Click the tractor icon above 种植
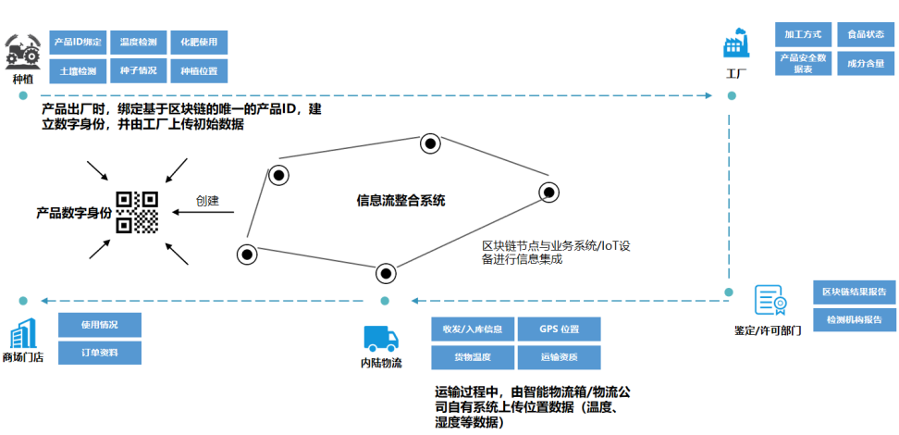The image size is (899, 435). point(23,52)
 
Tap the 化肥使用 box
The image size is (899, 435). point(198,43)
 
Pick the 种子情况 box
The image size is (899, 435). point(138,71)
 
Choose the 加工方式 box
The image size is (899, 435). point(802,35)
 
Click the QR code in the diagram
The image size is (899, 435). point(137,212)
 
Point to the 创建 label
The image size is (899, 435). point(207,200)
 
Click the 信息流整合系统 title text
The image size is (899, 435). point(400,200)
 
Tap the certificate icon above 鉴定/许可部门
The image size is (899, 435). point(770,301)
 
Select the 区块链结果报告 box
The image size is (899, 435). point(853,292)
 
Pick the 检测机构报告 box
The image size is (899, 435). point(853,320)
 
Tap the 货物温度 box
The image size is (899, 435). point(472,357)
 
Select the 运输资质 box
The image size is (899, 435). point(559,357)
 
